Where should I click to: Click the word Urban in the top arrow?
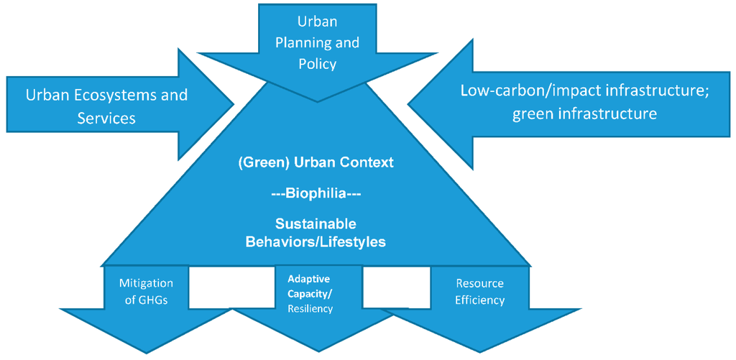[x=318, y=22]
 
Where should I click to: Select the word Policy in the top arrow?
[x=318, y=64]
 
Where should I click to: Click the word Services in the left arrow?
[x=106, y=118]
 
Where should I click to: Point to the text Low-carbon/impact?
[x=515, y=91]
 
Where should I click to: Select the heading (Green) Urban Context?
[x=316, y=162]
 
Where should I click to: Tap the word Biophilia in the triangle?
[x=316, y=193]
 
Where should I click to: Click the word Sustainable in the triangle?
[x=316, y=224]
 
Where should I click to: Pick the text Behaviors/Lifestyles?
[x=316, y=242]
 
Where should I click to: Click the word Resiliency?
[x=310, y=308]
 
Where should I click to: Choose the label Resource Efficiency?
[x=479, y=292]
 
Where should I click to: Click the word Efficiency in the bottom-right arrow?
[x=479, y=300]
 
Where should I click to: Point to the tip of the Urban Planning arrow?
[x=318, y=101]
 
